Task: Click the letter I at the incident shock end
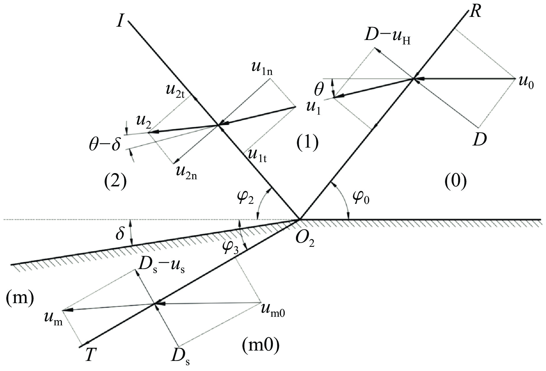[120, 22]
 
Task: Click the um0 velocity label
[273, 310]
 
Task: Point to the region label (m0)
[261, 346]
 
